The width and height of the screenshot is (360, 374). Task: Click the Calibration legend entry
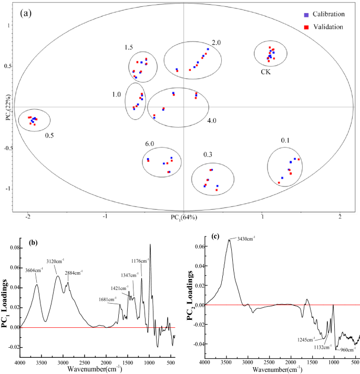tap(326, 14)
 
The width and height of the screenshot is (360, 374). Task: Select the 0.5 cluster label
tap(49, 135)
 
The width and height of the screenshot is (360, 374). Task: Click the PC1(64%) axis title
tap(183, 217)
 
